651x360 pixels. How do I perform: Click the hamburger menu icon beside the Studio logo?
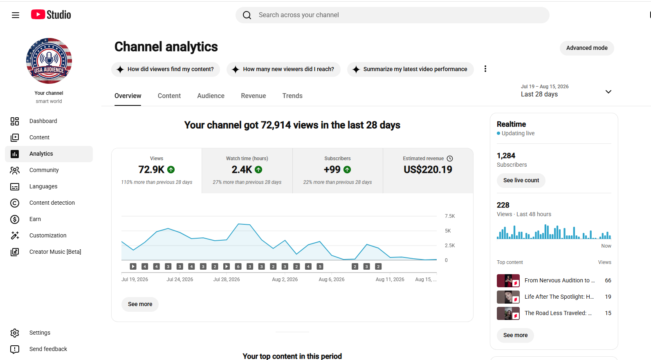click(16, 15)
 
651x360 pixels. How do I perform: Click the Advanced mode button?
click(587, 48)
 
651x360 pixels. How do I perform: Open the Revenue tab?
click(254, 96)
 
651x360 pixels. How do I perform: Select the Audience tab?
click(211, 96)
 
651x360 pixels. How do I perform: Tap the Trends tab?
click(292, 96)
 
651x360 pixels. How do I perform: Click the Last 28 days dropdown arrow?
click(608, 92)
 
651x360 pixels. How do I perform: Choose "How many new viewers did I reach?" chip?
click(283, 69)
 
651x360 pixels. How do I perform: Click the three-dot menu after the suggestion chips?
click(485, 69)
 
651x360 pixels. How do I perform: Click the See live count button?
click(521, 180)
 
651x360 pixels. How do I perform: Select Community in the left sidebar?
click(44, 170)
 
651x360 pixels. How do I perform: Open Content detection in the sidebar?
click(52, 203)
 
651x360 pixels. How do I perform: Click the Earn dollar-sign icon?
click(15, 219)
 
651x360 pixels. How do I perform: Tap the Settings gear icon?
click(15, 333)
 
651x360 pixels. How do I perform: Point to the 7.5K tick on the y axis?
click(449, 216)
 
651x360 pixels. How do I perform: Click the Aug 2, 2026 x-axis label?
click(285, 279)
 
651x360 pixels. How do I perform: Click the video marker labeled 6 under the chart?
click(238, 266)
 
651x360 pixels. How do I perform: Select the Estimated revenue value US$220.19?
click(428, 170)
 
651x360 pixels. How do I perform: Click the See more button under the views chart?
click(140, 304)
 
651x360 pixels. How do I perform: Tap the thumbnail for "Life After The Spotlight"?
click(508, 297)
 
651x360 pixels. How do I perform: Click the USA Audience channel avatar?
click(49, 60)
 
